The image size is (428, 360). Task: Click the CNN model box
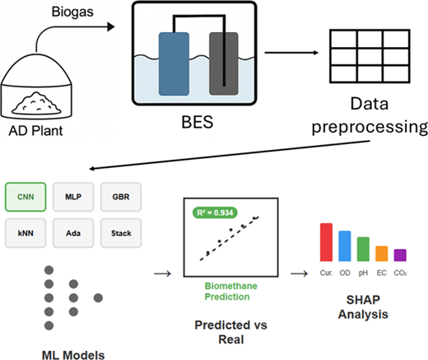pyautogui.click(x=26, y=197)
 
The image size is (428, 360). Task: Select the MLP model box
pyautogui.click(x=73, y=197)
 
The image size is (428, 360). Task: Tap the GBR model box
pyautogui.click(x=121, y=197)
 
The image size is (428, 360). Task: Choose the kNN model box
pyautogui.click(x=26, y=233)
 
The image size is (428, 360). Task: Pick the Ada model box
pyautogui.click(x=73, y=233)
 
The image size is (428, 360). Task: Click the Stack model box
pyautogui.click(x=121, y=233)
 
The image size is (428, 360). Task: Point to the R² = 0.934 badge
pyautogui.click(x=215, y=213)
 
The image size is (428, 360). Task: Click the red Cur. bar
pyautogui.click(x=326, y=242)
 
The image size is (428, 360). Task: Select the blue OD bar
pyautogui.click(x=345, y=246)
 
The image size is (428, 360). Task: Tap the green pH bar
pyautogui.click(x=363, y=249)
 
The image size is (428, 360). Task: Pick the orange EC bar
pyautogui.click(x=382, y=254)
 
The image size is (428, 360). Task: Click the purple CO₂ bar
pyautogui.click(x=400, y=255)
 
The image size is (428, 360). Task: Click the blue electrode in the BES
pyautogui.click(x=174, y=64)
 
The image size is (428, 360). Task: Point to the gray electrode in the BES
pyautogui.click(x=224, y=64)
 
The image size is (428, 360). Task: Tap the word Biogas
pyautogui.click(x=72, y=12)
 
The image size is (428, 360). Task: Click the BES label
pyautogui.click(x=198, y=122)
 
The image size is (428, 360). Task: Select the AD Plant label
pyautogui.click(x=35, y=131)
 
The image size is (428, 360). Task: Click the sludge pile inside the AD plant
pyautogui.click(x=36, y=104)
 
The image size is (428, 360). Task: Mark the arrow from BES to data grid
pyautogui.click(x=291, y=53)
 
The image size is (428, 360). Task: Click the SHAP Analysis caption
pyautogui.click(x=363, y=307)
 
